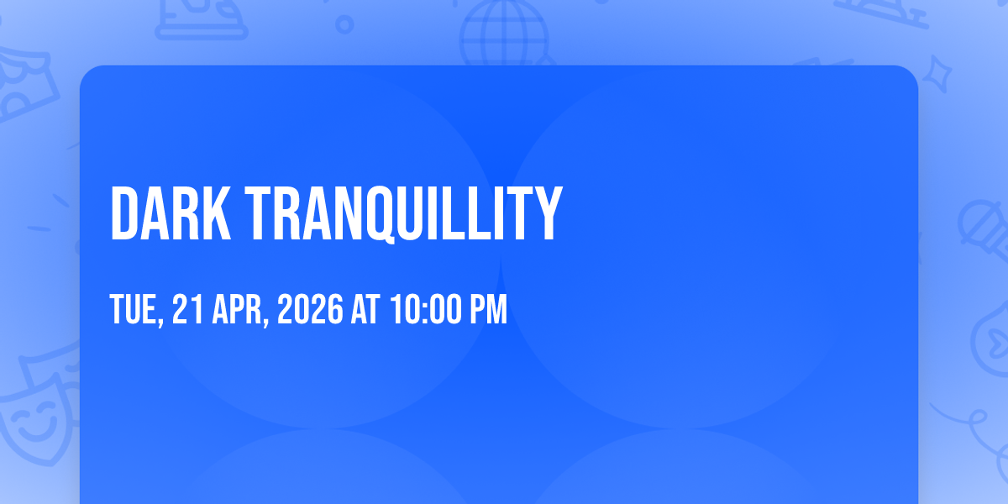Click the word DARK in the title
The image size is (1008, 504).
171,213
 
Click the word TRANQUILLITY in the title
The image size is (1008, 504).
404,214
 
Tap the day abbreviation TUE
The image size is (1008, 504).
134,309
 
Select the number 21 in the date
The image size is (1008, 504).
187,309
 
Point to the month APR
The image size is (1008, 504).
237,309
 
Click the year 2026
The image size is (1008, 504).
310,309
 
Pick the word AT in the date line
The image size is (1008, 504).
365,309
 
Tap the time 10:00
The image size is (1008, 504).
426,309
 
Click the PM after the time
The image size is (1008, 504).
489,309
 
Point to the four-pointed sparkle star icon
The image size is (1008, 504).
937,74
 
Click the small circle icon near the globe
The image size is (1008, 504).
344,24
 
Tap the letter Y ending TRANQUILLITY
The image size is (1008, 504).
550,213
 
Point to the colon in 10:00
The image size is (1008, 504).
427,311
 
